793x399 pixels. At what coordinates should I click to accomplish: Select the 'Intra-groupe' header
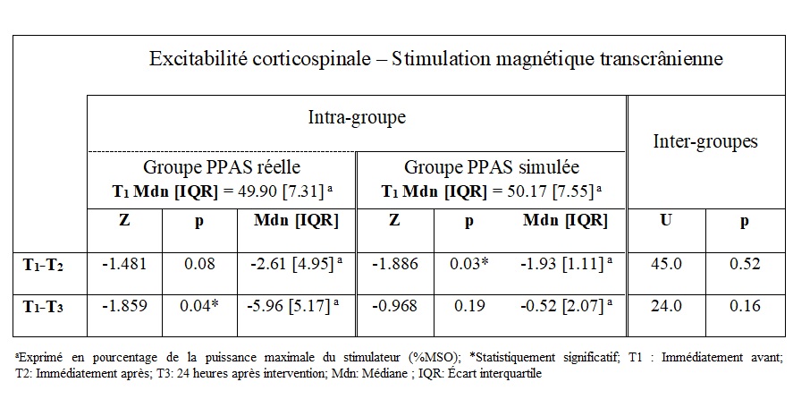356,117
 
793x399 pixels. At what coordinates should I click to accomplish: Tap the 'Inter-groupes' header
705,140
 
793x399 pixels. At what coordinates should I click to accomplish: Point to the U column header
667,219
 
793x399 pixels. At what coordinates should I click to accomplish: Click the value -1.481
124,264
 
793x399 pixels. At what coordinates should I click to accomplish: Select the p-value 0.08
198,264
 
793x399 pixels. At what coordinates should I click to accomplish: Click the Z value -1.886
394,264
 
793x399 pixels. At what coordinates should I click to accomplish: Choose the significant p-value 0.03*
468,264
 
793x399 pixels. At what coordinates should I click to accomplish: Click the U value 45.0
666,264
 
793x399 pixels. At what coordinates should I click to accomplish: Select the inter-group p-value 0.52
744,264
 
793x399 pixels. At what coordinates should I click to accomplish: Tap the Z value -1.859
124,306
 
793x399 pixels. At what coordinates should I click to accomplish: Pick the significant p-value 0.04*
198,306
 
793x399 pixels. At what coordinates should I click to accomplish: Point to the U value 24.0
666,306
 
